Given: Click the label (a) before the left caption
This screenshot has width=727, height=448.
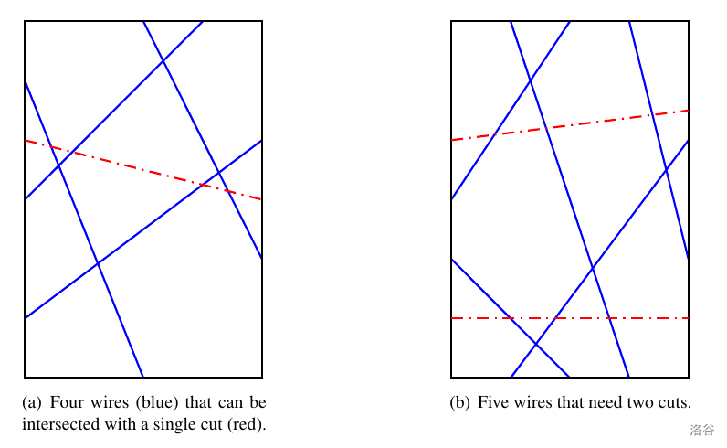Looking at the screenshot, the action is pos(32,402).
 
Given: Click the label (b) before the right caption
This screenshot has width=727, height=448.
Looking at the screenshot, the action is pos(460,402).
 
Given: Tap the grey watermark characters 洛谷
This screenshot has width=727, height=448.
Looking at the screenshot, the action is pos(702,430).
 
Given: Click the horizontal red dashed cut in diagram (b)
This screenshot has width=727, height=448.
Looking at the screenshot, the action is pos(570,318).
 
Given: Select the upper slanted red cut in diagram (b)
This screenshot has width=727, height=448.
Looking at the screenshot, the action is pos(570,125).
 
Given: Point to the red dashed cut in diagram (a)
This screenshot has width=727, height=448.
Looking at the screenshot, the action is pos(143,170).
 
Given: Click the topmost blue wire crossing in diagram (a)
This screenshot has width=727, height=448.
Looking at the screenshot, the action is pos(163,60).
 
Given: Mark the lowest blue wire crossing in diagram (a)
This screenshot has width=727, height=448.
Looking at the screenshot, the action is pos(98,263).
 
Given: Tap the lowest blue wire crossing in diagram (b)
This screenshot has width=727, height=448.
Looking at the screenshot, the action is pos(536,344).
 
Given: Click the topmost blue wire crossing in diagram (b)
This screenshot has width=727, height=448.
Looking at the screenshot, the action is pos(531,80).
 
